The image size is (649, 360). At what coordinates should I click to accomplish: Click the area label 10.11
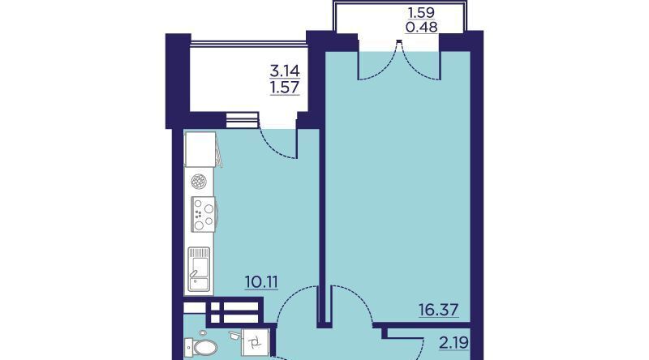(x=261, y=282)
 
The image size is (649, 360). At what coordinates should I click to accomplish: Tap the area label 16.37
(x=438, y=309)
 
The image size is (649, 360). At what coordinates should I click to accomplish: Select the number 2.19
(x=453, y=343)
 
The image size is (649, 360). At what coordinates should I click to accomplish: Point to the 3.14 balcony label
(x=285, y=71)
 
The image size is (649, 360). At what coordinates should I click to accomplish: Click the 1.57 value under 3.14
(x=285, y=88)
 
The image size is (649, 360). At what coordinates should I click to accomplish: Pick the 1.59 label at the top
(x=421, y=12)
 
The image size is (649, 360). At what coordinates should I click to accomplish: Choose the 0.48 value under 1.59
(x=422, y=27)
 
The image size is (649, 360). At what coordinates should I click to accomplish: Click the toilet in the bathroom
(x=200, y=347)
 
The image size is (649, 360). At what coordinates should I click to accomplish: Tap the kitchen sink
(x=199, y=269)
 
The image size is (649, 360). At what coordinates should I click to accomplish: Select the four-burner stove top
(x=204, y=214)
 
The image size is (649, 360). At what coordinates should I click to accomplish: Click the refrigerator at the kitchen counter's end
(x=200, y=149)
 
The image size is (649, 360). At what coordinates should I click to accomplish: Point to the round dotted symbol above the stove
(x=199, y=182)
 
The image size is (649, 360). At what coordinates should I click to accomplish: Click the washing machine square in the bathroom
(x=256, y=342)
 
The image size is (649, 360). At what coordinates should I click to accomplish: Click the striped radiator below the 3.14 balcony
(x=243, y=120)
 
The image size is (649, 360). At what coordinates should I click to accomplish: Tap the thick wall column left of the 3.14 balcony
(x=178, y=81)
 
